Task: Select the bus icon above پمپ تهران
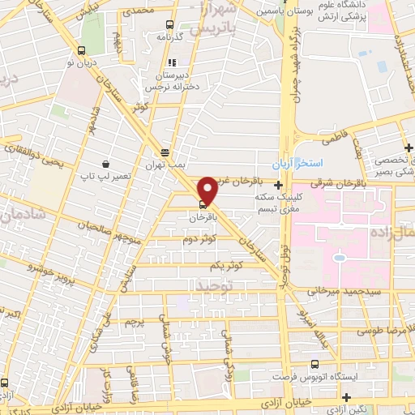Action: (165, 152)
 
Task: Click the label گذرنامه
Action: (178, 37)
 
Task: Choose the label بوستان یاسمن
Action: (277, 12)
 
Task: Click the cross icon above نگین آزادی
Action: (347, 397)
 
